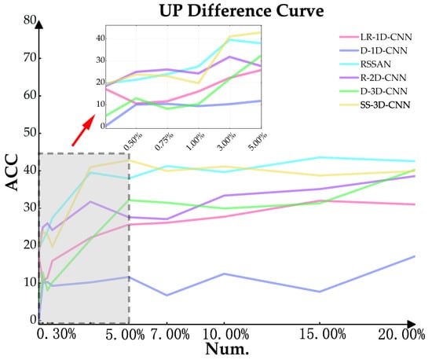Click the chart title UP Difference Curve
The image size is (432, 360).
[241, 11]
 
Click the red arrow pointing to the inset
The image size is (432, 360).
[83, 130]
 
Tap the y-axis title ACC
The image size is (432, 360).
[12, 172]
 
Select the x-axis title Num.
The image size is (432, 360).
[227, 349]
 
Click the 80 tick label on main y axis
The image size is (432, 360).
[30, 20]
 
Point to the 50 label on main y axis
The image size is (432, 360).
[30, 133]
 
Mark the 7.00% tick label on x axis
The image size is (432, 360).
[170, 335]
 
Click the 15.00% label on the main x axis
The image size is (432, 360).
[322, 335]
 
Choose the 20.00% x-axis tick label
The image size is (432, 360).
[401, 335]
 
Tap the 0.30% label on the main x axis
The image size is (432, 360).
[57, 335]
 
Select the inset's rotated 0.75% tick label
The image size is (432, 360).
[164, 141]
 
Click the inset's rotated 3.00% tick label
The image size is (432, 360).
[226, 141]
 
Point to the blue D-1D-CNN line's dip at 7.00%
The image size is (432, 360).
[167, 296]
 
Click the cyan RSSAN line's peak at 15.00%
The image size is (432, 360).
[320, 157]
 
